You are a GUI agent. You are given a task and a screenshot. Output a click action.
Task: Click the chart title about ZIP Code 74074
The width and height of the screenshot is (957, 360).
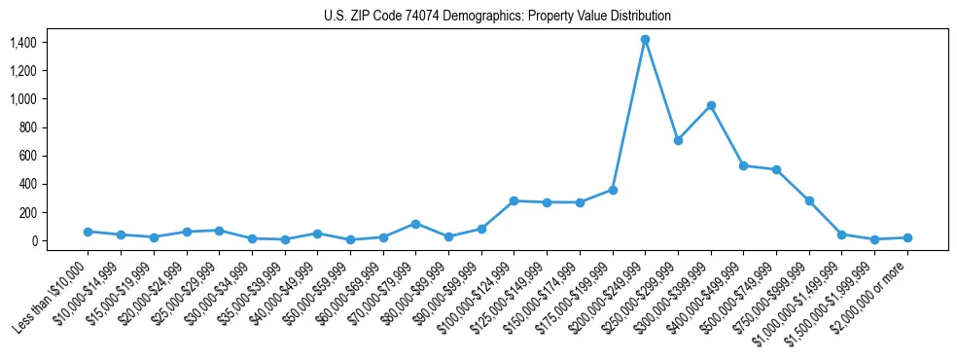coord(497,17)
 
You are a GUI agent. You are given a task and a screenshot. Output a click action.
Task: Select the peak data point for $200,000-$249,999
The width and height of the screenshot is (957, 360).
coord(645,40)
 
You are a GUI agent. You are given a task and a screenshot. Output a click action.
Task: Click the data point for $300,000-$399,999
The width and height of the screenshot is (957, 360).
coord(711,105)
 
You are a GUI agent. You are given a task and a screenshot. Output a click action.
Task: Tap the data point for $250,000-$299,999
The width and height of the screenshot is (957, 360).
coord(678,140)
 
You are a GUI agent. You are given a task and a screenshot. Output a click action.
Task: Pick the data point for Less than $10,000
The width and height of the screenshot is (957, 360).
coord(88,232)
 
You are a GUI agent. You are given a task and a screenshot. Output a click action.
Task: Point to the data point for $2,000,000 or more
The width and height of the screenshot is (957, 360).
coord(907,237)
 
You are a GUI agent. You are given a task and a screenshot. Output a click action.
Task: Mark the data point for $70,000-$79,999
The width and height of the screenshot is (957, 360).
coord(415,224)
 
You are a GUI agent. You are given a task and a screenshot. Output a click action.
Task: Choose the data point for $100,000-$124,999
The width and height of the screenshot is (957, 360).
coord(514,200)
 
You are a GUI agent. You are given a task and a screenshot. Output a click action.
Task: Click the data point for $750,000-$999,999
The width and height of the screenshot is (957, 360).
coord(809,200)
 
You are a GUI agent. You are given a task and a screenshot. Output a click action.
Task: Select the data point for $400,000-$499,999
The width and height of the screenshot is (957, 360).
coord(743,165)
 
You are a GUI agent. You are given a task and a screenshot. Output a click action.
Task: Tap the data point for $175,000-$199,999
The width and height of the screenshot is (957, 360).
coord(613,190)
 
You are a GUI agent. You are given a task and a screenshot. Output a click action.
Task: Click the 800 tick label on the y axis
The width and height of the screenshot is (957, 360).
coord(26,127)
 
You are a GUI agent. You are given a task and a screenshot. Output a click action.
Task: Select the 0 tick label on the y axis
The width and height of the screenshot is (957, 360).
coord(34,241)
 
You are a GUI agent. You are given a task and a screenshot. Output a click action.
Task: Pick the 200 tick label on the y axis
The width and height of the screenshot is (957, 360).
coord(26,213)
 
